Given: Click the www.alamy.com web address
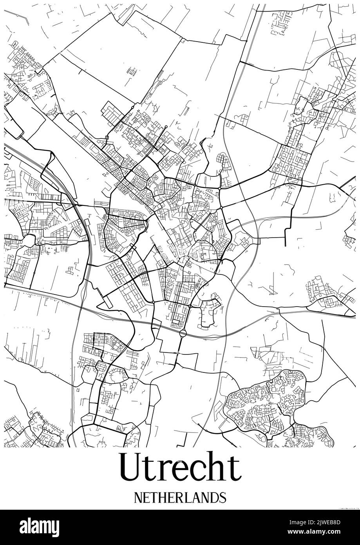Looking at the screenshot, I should coord(314,532).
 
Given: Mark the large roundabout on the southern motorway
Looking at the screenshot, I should coord(183,334).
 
